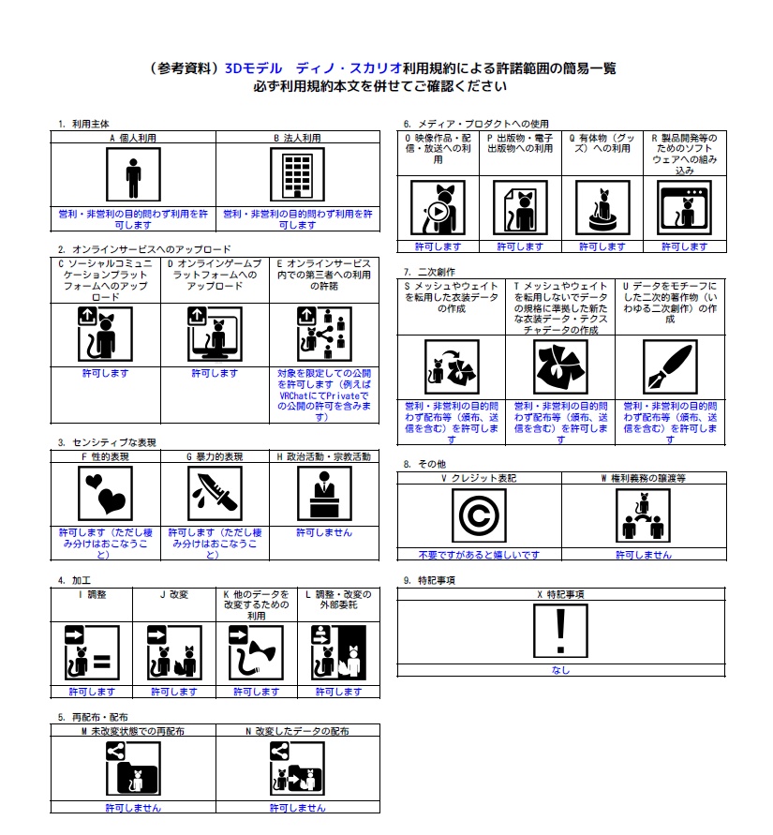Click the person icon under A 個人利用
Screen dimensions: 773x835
(x=133, y=174)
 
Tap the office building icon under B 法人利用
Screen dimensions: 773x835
(x=297, y=174)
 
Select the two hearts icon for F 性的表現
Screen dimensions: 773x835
(x=105, y=493)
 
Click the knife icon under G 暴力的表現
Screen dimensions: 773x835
(x=215, y=493)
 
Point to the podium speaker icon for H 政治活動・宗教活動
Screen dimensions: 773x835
(x=324, y=493)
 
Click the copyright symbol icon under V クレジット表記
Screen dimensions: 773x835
(x=479, y=515)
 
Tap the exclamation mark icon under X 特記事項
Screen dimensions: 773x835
(x=560, y=631)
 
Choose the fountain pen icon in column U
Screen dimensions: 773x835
(x=670, y=367)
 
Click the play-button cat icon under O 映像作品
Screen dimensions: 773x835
(x=438, y=208)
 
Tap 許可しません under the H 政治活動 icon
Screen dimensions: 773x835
(x=324, y=532)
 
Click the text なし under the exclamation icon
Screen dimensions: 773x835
(x=560, y=670)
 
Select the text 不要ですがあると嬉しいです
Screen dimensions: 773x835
(x=479, y=555)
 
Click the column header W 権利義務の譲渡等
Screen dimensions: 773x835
(x=643, y=478)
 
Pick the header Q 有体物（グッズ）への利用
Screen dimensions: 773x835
(x=602, y=143)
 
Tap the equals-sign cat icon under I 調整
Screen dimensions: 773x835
(x=92, y=653)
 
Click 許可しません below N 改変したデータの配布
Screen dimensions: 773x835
(x=297, y=808)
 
